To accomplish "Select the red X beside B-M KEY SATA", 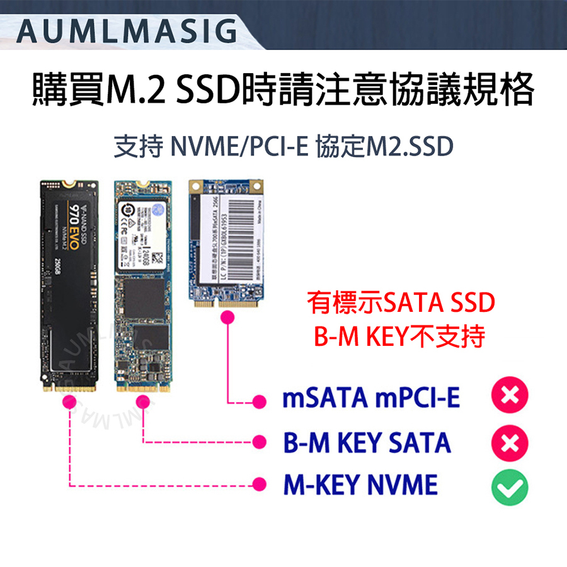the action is [x=510, y=442].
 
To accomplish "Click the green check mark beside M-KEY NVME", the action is [x=510, y=486].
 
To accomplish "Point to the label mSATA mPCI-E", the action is [x=371, y=398].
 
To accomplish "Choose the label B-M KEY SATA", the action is [x=367, y=443].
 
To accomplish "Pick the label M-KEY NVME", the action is [x=360, y=486].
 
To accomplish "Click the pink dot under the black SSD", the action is [x=70, y=402].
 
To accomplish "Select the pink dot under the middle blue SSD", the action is [x=144, y=402].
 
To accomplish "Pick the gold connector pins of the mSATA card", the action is [x=226, y=304].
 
